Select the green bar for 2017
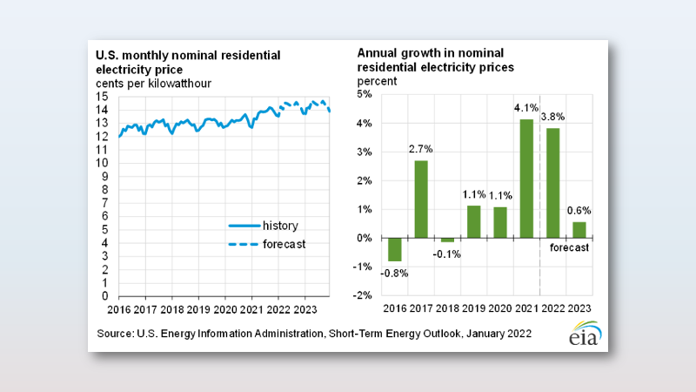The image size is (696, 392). [x=421, y=199]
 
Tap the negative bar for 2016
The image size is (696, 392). [x=395, y=249]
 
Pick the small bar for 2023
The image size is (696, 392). [x=579, y=230]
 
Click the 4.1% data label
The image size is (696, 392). [x=526, y=109]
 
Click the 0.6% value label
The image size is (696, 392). [x=579, y=210]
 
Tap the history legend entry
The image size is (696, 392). [x=260, y=225]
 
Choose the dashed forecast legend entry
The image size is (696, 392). [x=260, y=244]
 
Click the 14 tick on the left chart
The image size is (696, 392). [x=103, y=110]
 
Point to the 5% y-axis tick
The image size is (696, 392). [x=365, y=94]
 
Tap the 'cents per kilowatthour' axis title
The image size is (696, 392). [x=154, y=84]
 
